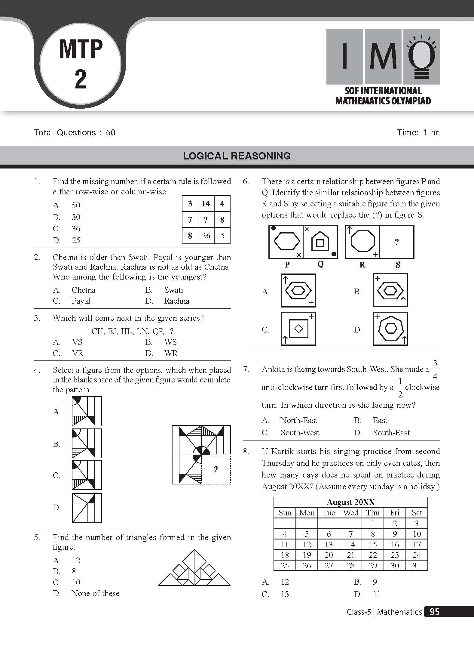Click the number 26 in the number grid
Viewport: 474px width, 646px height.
click(x=206, y=236)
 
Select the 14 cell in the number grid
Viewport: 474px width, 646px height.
click(x=206, y=204)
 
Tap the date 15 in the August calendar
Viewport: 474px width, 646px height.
click(x=373, y=544)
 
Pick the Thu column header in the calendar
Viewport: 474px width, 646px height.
click(x=373, y=513)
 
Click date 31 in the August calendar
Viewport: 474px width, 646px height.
click(x=417, y=566)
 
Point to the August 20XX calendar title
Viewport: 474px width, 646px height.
click(x=350, y=502)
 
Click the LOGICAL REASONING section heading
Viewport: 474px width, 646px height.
click(x=237, y=156)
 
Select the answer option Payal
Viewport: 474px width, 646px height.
click(x=81, y=301)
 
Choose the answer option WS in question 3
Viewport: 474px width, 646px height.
click(x=170, y=342)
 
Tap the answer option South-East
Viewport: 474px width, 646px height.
click(x=391, y=433)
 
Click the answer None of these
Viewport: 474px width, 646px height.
click(x=95, y=593)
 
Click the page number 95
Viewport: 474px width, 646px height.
click(x=435, y=612)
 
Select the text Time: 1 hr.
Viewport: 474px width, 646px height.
click(x=418, y=133)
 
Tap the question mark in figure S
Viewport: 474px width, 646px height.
click(x=397, y=242)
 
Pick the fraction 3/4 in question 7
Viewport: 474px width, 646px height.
click(x=435, y=370)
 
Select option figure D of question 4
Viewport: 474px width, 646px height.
click(x=87, y=508)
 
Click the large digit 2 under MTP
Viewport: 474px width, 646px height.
click(x=81, y=79)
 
